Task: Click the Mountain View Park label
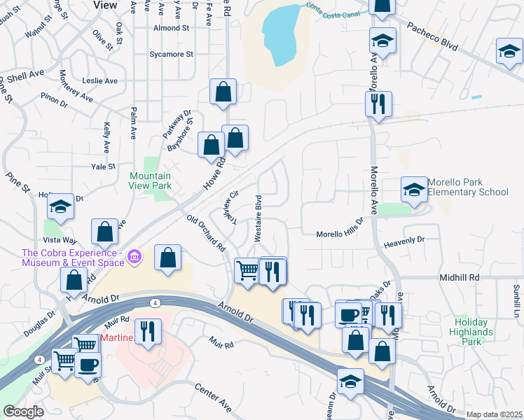point(150,181)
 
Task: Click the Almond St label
point(172,28)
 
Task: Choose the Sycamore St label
point(170,54)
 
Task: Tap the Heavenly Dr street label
point(404,241)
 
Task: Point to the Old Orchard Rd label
point(206,232)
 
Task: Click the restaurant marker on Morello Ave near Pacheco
point(378,104)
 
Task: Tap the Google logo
point(24,412)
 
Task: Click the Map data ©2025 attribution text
point(494,414)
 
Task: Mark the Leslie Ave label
point(99,80)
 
